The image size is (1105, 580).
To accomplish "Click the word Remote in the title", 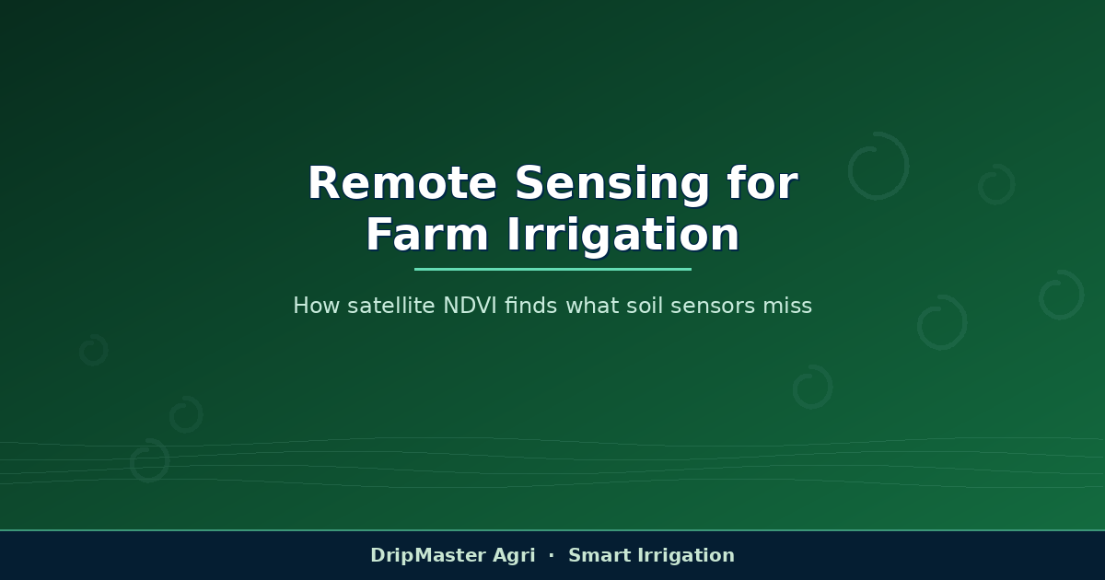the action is (402, 182).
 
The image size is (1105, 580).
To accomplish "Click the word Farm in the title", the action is (427, 234).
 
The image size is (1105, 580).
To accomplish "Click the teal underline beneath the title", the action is (552, 269).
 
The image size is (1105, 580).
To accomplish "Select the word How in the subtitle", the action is (316, 306).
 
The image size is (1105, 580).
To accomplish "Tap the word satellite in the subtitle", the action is (391, 306).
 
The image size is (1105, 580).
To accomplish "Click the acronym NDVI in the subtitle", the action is (470, 306).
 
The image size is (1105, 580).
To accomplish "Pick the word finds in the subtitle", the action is (530, 306).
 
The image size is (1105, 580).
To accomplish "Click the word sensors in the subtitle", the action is (713, 307).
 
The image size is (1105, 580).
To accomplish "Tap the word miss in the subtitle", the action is (787, 306).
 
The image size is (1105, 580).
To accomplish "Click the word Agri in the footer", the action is (514, 556).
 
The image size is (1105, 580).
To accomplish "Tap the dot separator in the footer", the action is (552, 555).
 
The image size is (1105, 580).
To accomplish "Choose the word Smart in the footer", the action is (599, 555).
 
